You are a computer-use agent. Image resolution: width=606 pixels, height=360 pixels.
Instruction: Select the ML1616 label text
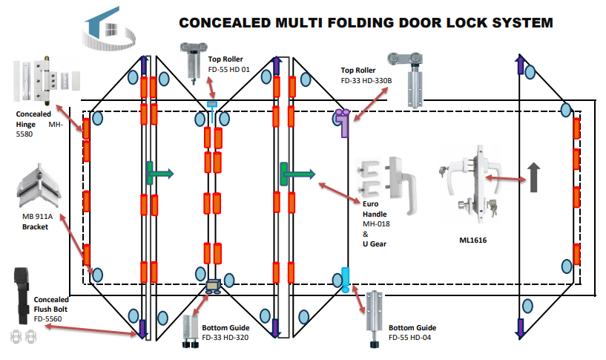pos(473,240)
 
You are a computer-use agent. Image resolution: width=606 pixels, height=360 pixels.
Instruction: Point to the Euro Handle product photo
pos(385,178)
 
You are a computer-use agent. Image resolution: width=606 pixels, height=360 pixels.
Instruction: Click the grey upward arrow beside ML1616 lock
pos(533,177)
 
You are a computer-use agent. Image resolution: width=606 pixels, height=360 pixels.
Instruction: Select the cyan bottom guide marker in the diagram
pos(344,279)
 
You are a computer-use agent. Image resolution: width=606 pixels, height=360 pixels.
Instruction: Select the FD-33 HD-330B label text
pos(363,80)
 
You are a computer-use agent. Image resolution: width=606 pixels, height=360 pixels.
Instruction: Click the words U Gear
pos(375,243)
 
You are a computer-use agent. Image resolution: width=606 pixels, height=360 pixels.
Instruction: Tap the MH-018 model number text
pos(376,223)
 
